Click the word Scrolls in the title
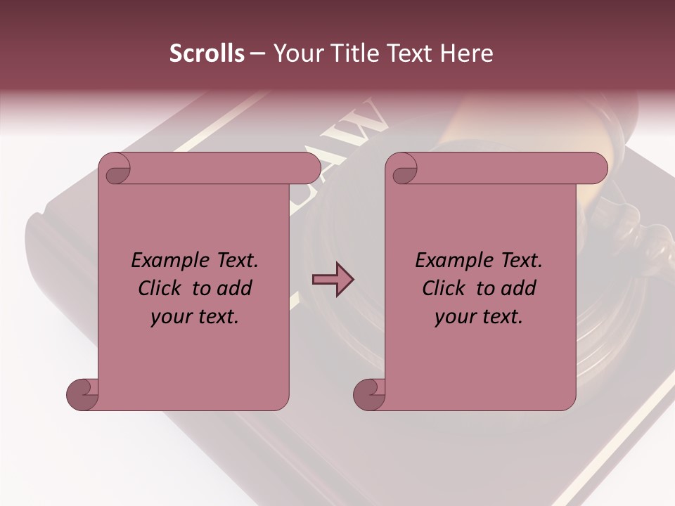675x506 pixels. (207, 53)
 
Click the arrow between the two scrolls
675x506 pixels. (333, 280)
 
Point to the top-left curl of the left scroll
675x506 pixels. (116, 169)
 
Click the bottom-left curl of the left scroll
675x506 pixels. (82, 394)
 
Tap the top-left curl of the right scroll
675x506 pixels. (403, 169)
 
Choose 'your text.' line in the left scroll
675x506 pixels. (195, 317)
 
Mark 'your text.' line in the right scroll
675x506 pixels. (479, 317)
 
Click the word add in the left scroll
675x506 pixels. (236, 289)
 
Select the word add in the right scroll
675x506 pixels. (520, 289)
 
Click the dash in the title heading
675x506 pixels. (257, 54)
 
